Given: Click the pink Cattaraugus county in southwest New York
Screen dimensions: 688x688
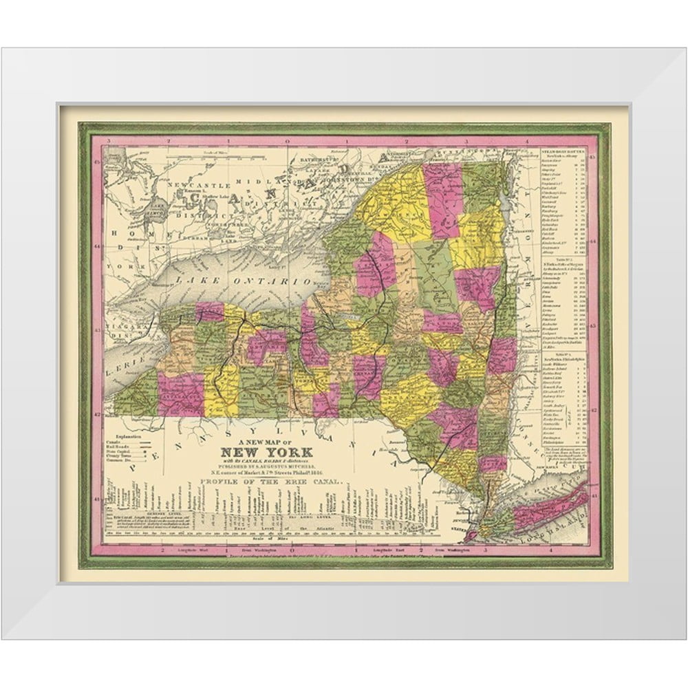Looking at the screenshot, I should pyautogui.click(x=181, y=395).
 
